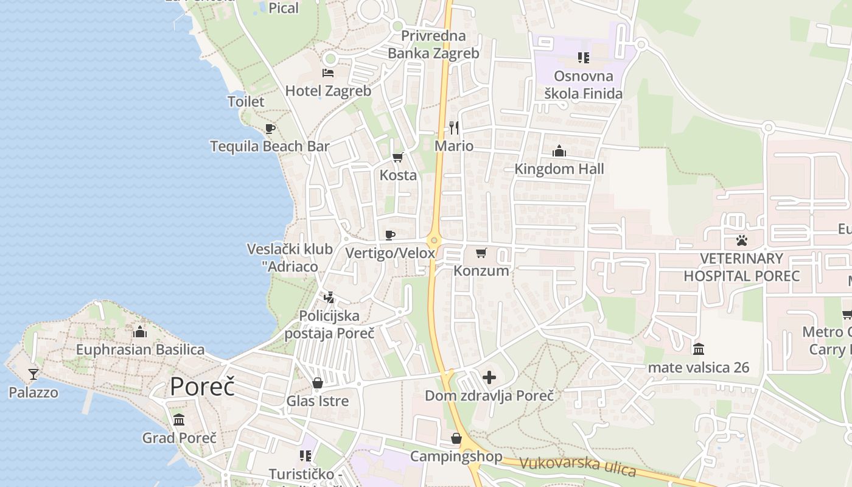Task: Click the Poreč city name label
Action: click(x=202, y=387)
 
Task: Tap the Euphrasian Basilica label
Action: click(x=140, y=349)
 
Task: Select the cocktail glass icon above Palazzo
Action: click(x=33, y=374)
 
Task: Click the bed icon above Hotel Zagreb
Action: click(x=328, y=73)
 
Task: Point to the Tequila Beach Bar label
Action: click(x=270, y=146)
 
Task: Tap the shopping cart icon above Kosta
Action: click(x=398, y=158)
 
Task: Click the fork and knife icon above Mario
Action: click(x=454, y=127)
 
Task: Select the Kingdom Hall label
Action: click(x=559, y=169)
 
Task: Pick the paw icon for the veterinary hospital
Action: click(x=741, y=240)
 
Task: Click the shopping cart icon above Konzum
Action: click(x=481, y=253)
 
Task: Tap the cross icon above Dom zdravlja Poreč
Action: click(x=489, y=377)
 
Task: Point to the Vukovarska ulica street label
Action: click(x=578, y=468)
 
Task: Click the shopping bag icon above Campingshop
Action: click(x=456, y=438)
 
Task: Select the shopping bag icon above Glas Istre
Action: click(x=318, y=383)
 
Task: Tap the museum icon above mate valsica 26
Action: click(x=699, y=349)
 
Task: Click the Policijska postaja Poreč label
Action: click(x=330, y=324)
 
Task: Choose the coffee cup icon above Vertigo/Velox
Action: click(x=390, y=235)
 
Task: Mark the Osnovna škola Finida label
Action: click(x=584, y=85)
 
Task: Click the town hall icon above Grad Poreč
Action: click(x=179, y=420)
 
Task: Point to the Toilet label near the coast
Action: click(x=246, y=102)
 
